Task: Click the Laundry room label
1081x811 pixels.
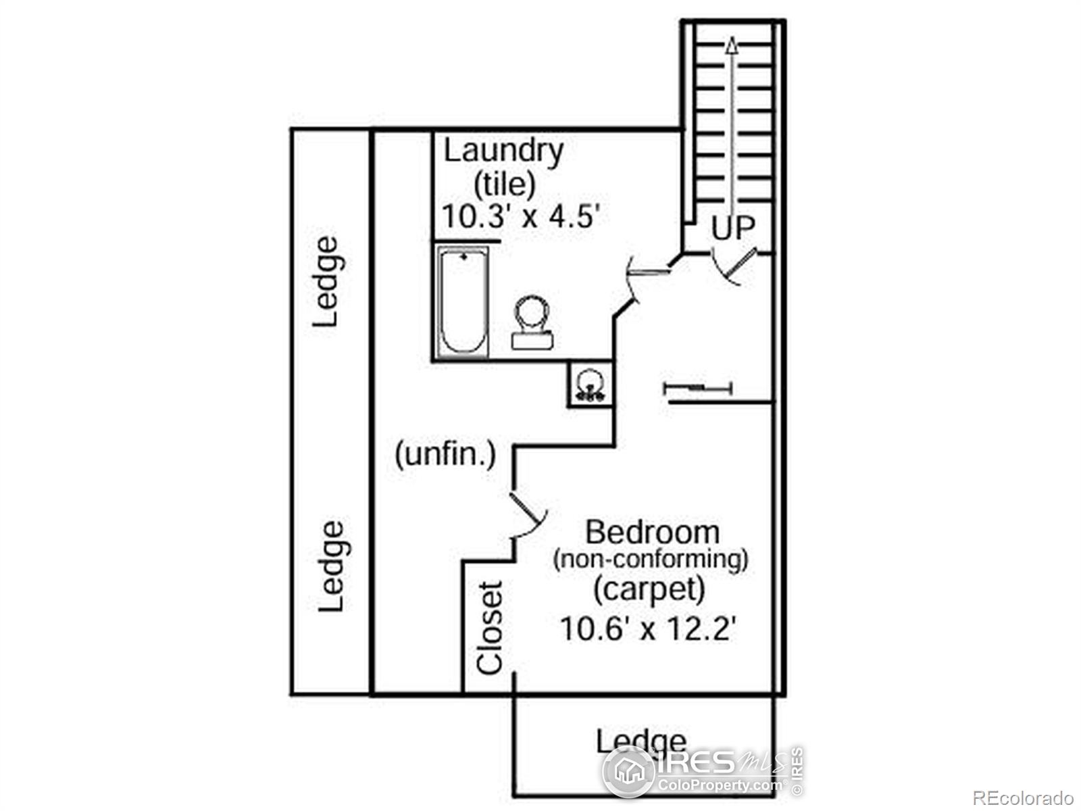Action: coord(503,152)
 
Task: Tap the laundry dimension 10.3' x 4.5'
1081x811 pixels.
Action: coord(521,216)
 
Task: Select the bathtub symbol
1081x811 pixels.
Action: coord(462,301)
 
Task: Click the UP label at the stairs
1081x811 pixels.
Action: coord(733,228)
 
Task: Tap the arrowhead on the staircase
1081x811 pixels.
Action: coord(732,45)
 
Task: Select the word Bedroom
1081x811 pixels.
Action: coord(653,533)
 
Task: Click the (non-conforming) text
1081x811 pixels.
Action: coord(651,560)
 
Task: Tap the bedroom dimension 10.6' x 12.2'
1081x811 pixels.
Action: coord(648,629)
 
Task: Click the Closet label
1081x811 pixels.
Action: coord(490,627)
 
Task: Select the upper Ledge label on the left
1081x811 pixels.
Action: coord(326,282)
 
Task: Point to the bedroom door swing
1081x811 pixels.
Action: coord(528,515)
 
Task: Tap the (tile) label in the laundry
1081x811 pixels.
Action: coord(504,185)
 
